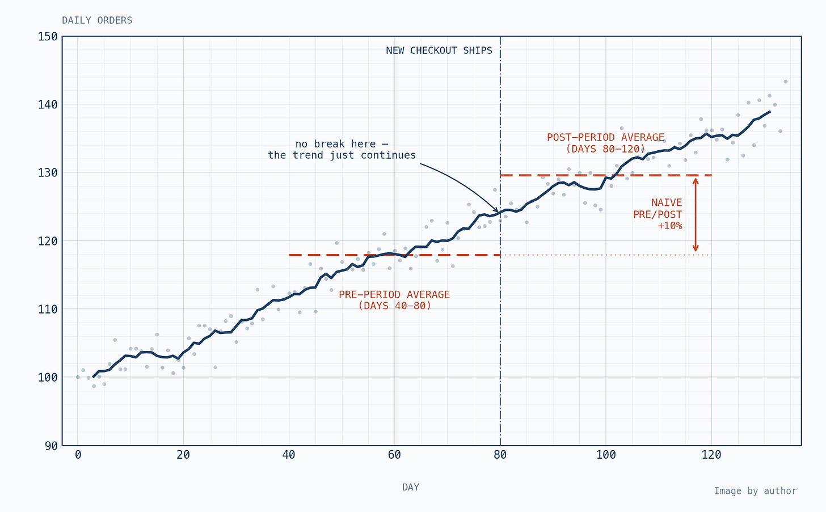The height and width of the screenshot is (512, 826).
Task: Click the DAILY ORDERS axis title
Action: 97,20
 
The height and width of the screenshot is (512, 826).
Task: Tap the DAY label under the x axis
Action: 411,487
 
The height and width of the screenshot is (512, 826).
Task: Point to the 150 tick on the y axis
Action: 48,36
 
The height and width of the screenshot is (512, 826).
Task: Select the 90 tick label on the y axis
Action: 52,446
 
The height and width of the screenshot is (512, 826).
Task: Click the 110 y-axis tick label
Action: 48,309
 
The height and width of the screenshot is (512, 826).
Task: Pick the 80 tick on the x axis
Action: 500,455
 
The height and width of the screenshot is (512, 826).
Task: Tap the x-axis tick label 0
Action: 78,455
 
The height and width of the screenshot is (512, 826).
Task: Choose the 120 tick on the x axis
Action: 711,455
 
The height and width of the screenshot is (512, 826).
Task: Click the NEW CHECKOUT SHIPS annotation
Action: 439,50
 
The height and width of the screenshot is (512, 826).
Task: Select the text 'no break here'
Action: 336,144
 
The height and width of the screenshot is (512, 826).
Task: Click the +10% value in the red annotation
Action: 670,226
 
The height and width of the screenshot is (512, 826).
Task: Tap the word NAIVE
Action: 667,203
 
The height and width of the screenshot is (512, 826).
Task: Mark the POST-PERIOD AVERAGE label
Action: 605,137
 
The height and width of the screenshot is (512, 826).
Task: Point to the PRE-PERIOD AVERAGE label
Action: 394,294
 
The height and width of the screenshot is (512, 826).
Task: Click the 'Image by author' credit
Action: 755,491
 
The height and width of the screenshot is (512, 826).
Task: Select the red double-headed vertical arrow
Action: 696,215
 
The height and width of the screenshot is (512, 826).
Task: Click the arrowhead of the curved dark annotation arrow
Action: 496,210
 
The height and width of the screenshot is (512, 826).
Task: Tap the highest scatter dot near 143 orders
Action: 785,82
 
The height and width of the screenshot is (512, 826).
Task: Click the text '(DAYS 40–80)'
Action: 395,306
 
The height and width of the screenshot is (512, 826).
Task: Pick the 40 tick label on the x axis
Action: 289,455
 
